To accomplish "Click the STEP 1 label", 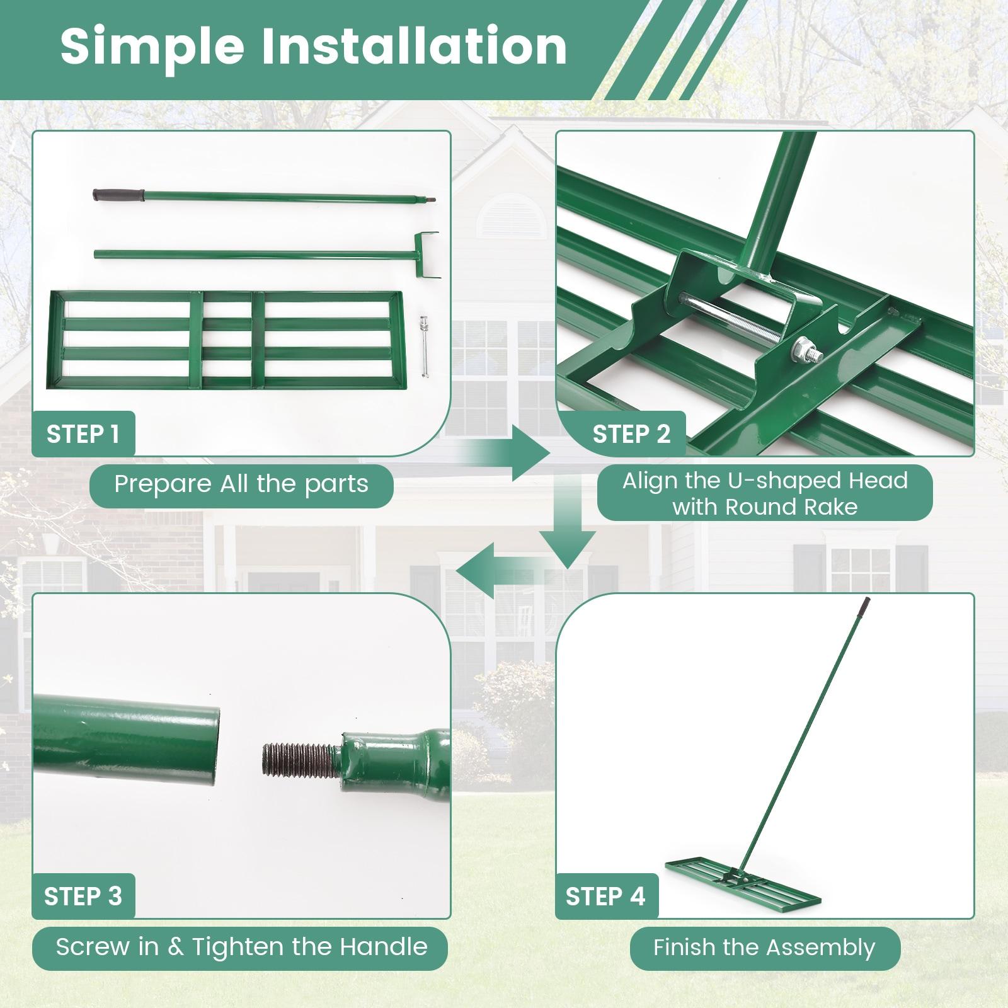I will [x=83, y=434].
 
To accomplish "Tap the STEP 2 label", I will [x=631, y=434].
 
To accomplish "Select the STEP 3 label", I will [x=83, y=896].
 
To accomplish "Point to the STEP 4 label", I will [x=605, y=896].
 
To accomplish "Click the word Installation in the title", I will [x=414, y=47].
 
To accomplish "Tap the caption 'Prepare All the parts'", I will [x=241, y=484].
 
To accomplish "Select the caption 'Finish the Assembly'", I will [x=764, y=948].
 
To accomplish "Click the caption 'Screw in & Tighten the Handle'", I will [x=241, y=947].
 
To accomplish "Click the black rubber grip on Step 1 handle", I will [x=118, y=195].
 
